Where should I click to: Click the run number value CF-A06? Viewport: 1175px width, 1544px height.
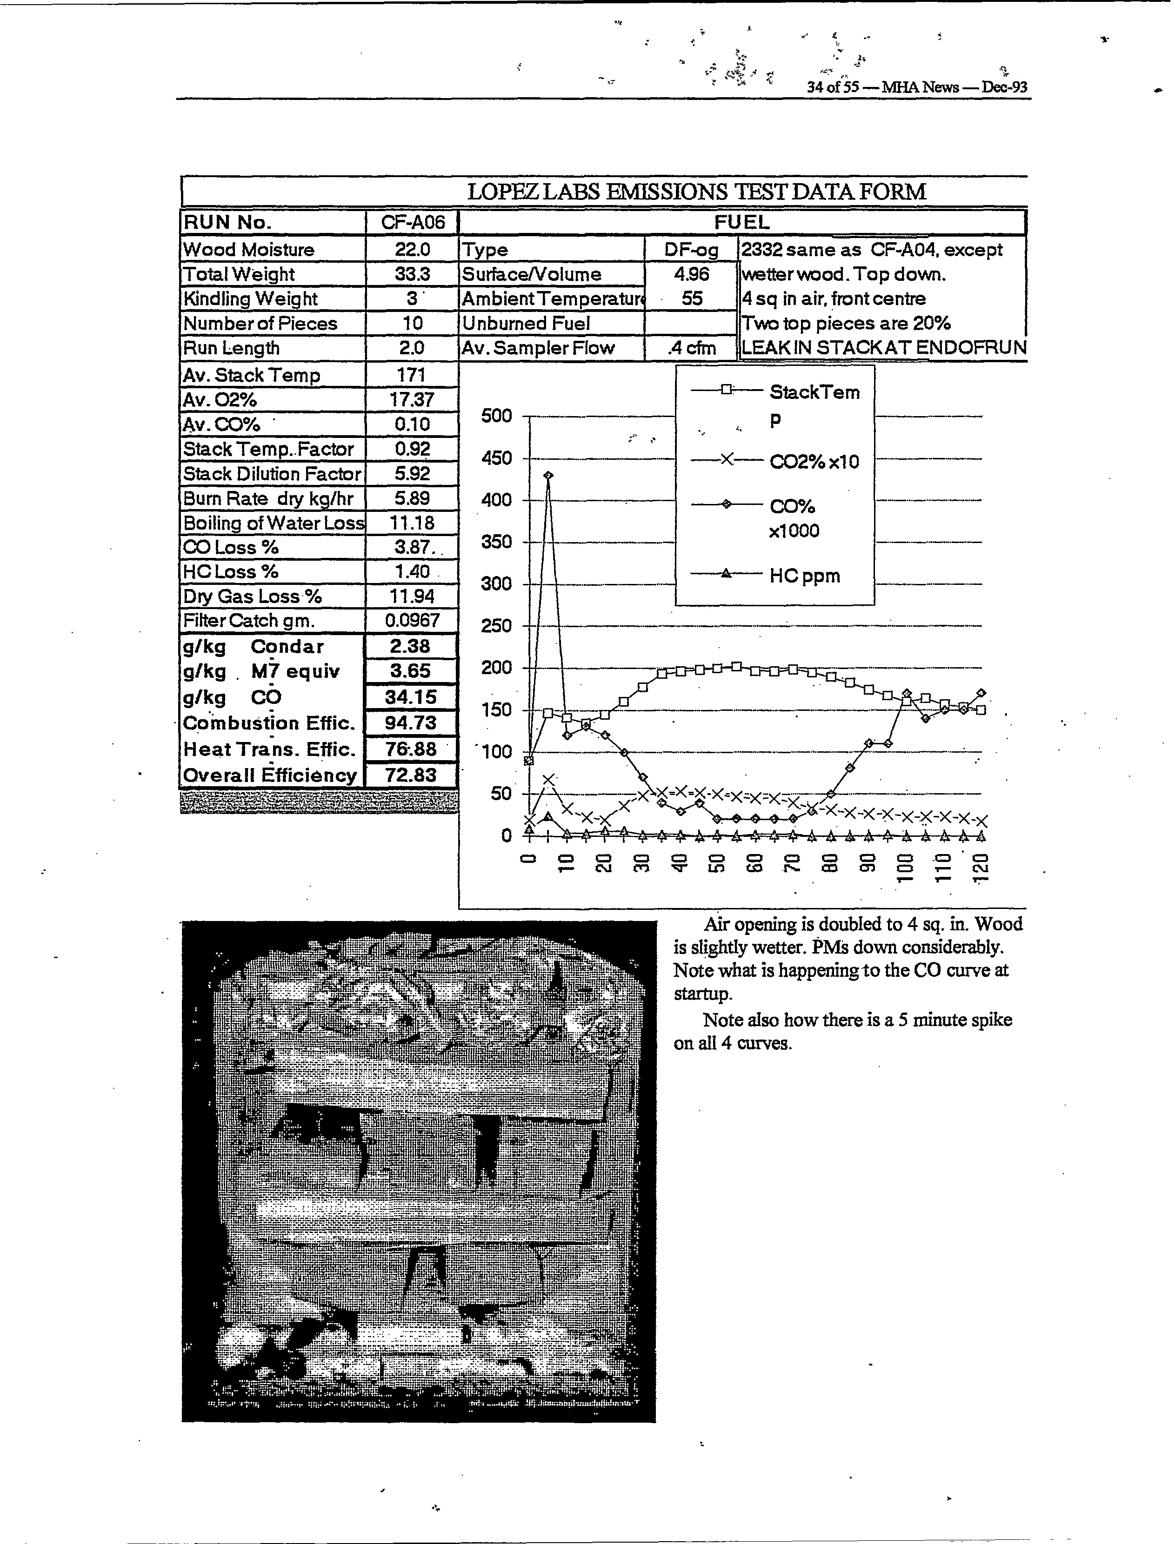[412, 222]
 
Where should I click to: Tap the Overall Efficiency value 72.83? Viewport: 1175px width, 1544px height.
[411, 775]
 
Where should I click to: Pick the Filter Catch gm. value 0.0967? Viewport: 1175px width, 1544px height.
[412, 620]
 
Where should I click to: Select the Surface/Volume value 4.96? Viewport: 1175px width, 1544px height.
[691, 274]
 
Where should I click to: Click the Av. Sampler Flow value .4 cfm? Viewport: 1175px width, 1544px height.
[691, 347]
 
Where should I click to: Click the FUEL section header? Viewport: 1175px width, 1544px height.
[741, 222]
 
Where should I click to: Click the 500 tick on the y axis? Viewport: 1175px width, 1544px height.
[497, 416]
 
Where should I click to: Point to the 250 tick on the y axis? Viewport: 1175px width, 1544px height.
[497, 626]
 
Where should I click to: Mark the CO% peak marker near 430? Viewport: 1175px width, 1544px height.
[548, 475]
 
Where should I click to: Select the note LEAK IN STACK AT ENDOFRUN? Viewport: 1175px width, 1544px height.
[883, 347]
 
